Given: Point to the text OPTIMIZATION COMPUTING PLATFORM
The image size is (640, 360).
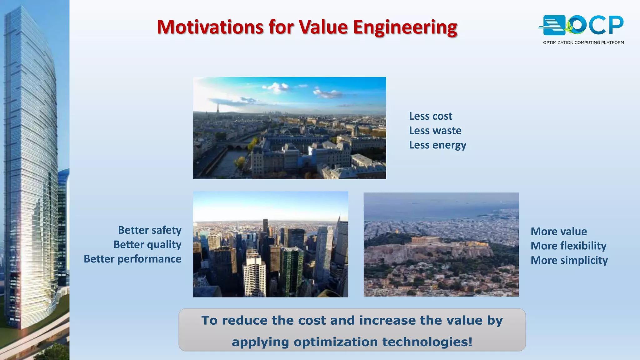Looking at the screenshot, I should [x=583, y=42].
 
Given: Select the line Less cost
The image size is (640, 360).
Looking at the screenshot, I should [x=430, y=116].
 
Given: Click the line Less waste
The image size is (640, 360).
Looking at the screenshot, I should [x=435, y=131].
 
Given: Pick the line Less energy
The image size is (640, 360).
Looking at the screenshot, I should [x=437, y=145].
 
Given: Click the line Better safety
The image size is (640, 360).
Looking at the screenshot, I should [x=149, y=230].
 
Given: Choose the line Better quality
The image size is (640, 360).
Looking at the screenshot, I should [x=147, y=245].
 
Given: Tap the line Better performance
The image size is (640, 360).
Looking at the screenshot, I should [x=132, y=259].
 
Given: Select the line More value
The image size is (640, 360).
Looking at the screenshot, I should [x=558, y=232].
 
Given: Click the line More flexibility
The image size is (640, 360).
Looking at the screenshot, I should [x=568, y=246].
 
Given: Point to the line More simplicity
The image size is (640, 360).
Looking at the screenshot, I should [x=569, y=260].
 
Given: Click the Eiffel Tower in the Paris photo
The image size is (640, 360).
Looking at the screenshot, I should [x=217, y=108].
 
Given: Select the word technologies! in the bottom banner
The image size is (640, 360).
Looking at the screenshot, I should [x=427, y=342].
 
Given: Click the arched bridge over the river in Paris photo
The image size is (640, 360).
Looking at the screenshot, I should [x=237, y=146].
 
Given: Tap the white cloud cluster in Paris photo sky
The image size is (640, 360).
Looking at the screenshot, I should [x=277, y=87].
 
